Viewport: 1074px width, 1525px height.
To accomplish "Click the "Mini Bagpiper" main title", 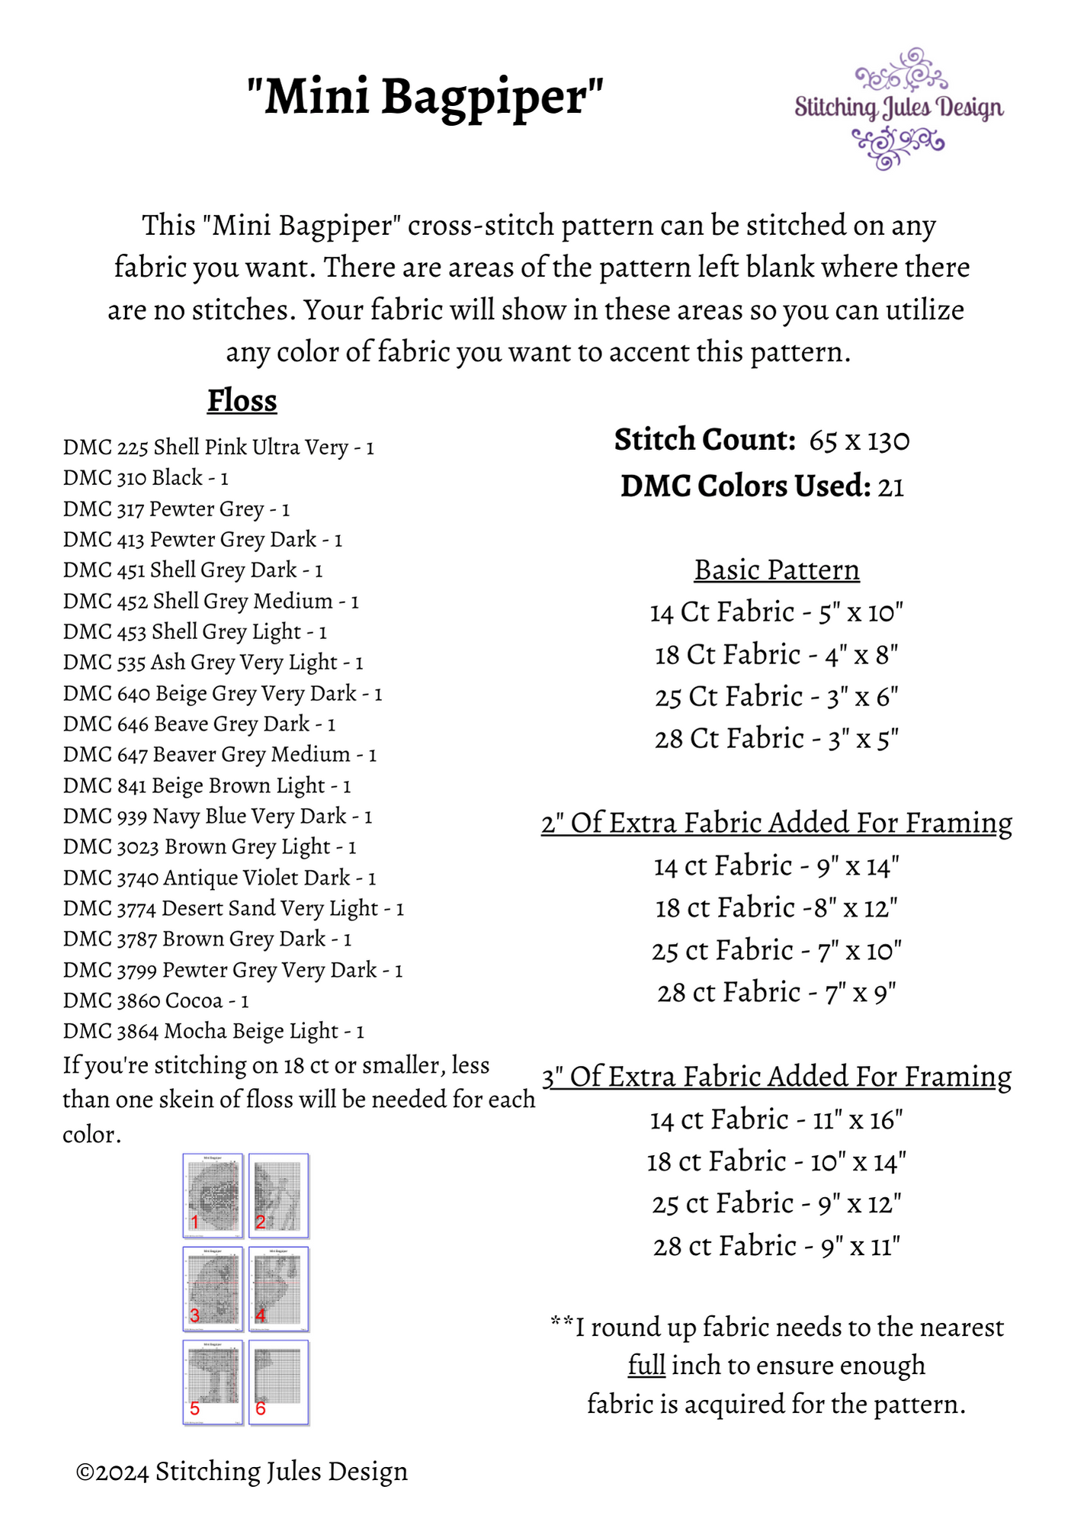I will [425, 98].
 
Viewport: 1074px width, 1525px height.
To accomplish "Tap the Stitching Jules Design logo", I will [899, 108].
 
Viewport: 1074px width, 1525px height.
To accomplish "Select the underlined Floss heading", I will [242, 401].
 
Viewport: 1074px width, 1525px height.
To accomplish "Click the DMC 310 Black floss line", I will [146, 478].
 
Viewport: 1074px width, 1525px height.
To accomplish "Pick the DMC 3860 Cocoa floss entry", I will [155, 1000].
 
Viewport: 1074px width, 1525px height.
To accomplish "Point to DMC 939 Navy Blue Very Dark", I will [217, 816].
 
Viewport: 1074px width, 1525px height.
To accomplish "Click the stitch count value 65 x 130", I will [859, 441].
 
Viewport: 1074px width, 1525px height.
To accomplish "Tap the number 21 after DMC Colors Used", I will [890, 486].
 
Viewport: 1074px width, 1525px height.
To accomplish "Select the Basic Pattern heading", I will [777, 570].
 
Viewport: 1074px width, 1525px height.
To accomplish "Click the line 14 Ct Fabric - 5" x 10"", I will [776, 612].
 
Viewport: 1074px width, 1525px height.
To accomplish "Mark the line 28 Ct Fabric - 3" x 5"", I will [776, 739].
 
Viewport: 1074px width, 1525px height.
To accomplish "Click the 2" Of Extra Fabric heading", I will [776, 823].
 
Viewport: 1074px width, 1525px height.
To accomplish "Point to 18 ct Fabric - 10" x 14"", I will [776, 1162].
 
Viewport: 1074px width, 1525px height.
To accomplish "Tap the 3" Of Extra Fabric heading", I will [776, 1077].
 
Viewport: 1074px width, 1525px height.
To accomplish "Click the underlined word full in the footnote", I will [646, 1365].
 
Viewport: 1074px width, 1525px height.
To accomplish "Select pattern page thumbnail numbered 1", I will [213, 1195].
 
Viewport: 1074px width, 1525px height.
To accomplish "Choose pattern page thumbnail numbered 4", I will [278, 1289].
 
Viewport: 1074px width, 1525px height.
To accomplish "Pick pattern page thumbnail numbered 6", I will [278, 1382].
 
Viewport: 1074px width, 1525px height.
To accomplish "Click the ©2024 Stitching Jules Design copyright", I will [242, 1472].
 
